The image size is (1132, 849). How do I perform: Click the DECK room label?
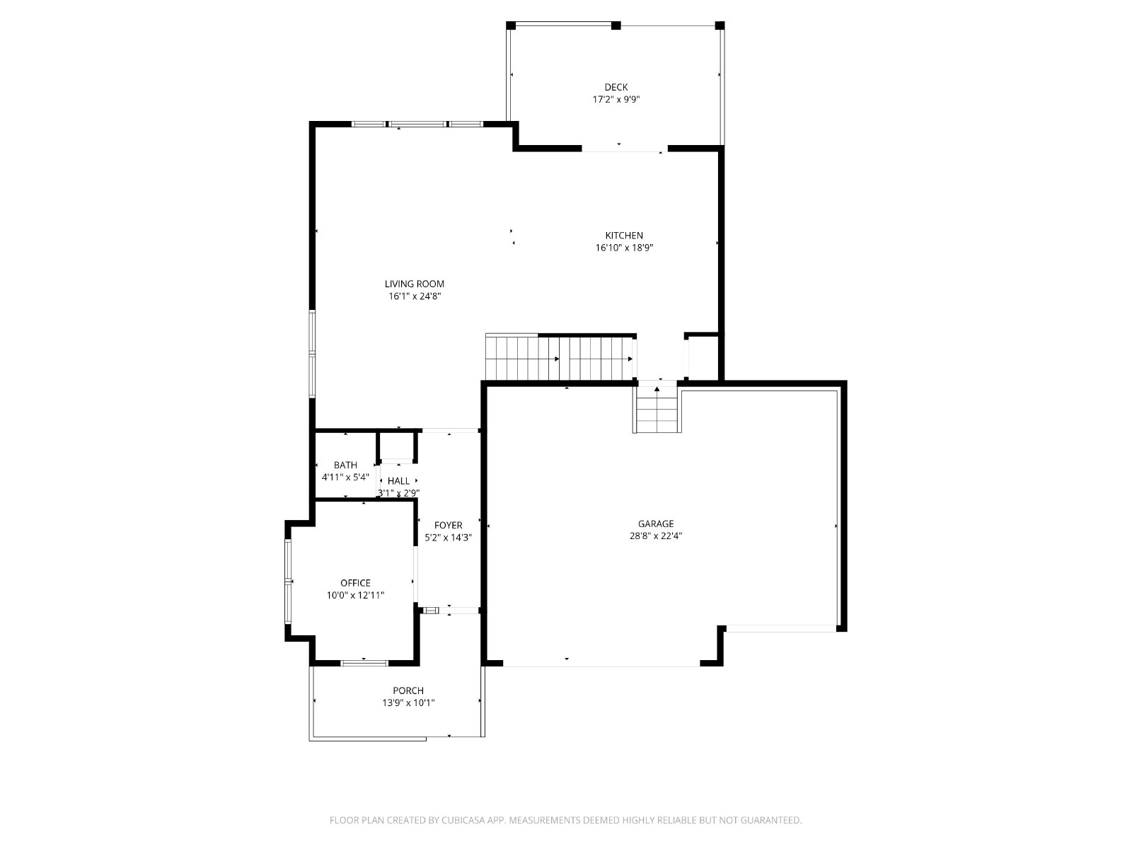tap(616, 88)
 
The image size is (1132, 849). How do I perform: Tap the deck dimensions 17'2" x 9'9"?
tap(616, 100)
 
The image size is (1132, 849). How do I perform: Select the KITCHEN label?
tap(624, 236)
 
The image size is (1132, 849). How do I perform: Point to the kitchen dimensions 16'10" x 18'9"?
tap(624, 248)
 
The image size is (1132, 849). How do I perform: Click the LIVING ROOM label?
tap(414, 284)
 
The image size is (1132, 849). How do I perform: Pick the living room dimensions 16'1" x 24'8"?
tap(415, 296)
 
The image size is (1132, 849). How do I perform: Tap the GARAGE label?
tap(655, 524)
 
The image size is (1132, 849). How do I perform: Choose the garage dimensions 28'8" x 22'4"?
tap(655, 536)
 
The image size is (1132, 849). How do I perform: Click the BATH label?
tap(345, 465)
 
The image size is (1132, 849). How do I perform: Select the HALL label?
tap(398, 481)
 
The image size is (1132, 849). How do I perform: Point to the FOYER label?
tap(448, 525)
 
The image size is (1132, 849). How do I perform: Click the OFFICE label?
tap(355, 583)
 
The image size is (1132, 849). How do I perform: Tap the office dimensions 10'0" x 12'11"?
tap(355, 596)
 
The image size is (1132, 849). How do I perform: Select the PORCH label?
tap(408, 691)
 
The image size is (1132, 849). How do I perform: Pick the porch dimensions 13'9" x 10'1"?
tap(408, 703)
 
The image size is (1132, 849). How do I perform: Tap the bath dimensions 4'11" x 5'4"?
tap(345, 478)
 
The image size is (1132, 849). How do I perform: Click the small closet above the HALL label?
tap(397, 446)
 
